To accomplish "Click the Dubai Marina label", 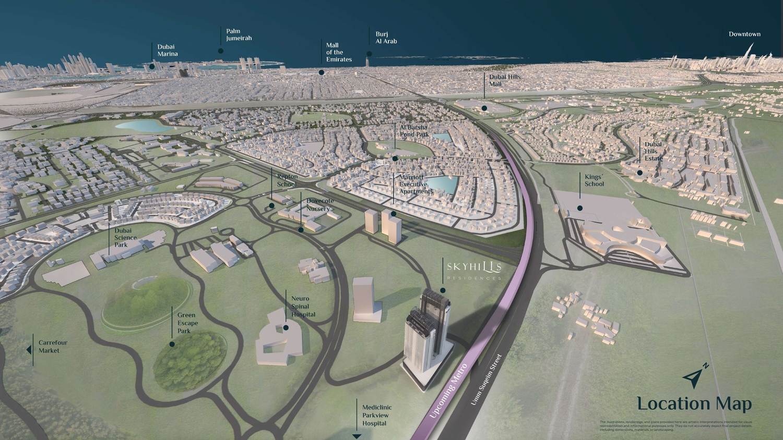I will click(x=168, y=51).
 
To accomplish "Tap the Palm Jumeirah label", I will click(x=239, y=35).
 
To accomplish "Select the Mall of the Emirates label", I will click(x=339, y=53).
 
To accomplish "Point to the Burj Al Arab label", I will click(x=386, y=38).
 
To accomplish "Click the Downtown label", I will click(x=744, y=34).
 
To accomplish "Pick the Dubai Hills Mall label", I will click(x=504, y=80).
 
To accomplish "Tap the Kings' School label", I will click(x=594, y=180).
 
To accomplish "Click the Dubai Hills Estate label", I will click(x=653, y=152).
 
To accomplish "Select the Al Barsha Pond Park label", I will click(x=414, y=131).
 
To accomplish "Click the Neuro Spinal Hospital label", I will click(x=303, y=307).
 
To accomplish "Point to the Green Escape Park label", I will click(x=187, y=323).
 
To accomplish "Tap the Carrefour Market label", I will click(x=53, y=347).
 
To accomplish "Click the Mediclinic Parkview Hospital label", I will click(x=377, y=415).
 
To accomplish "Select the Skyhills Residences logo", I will click(x=474, y=270).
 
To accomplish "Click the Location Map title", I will click(x=694, y=404).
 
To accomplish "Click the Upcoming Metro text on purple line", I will click(x=448, y=390).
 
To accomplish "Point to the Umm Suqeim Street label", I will click(x=486, y=380).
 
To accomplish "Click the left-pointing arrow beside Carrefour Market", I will click(x=29, y=349).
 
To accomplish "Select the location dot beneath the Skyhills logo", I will click(x=443, y=290).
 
